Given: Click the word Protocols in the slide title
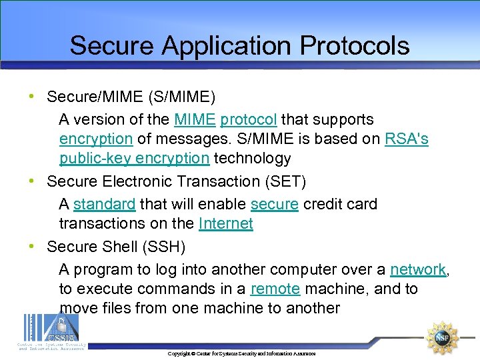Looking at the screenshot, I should (x=355, y=46).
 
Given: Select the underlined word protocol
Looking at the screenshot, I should (x=248, y=120).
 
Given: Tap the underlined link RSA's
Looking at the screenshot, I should (x=407, y=139).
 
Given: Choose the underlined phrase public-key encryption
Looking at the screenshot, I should (x=134, y=159).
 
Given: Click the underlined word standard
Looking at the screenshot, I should (x=105, y=204).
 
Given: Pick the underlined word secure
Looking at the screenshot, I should (x=275, y=204).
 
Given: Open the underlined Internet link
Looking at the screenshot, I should (x=226, y=223).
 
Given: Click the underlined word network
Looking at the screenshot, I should (x=418, y=269).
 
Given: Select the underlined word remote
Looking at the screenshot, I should (x=275, y=289).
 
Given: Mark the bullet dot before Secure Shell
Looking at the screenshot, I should (x=33, y=246).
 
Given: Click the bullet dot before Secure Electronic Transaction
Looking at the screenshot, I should (x=33, y=181).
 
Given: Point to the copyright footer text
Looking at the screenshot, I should (x=241, y=353).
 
